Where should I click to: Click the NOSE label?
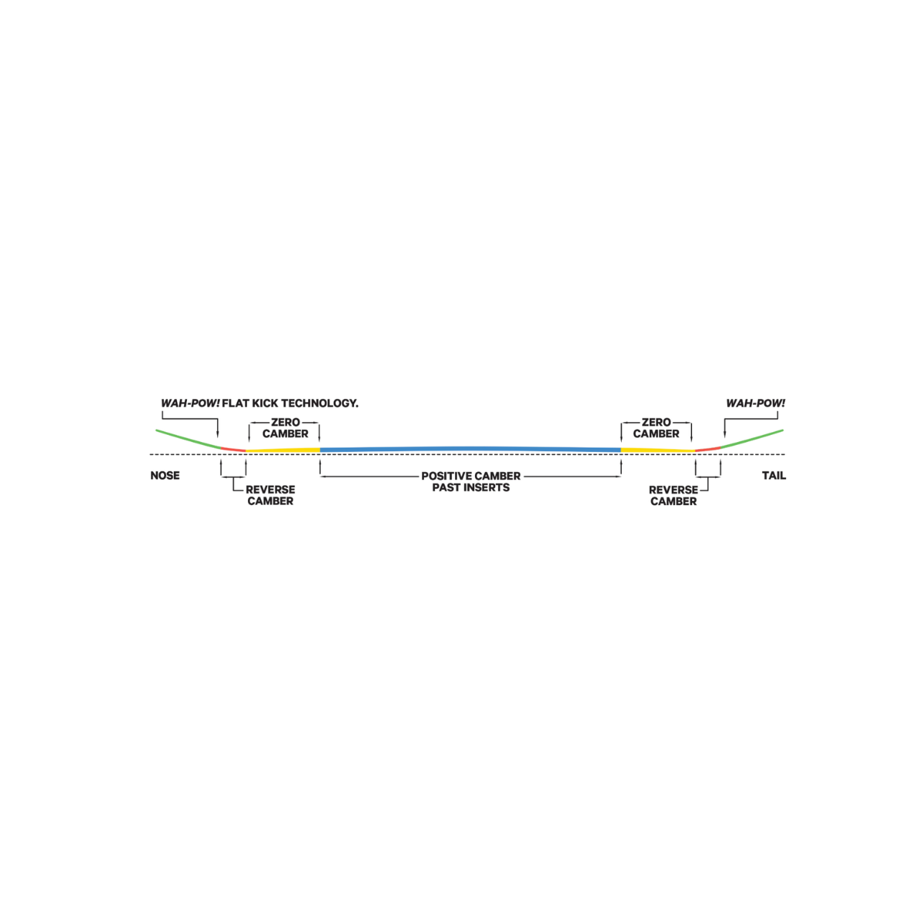pyautogui.click(x=165, y=476)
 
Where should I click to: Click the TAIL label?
pyautogui.click(x=774, y=476)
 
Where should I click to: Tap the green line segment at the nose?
pyautogui.click(x=188, y=438)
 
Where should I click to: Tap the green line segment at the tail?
pyautogui.click(x=752, y=438)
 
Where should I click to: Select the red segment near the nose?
pyautogui.click(x=233, y=449)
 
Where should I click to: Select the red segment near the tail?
pyautogui.click(x=708, y=449)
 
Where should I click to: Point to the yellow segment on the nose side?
pyautogui.click(x=283, y=450)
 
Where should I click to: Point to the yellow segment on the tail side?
pyautogui.click(x=658, y=450)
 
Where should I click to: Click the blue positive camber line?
pyautogui.click(x=470, y=448)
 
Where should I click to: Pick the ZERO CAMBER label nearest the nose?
pyautogui.click(x=286, y=428)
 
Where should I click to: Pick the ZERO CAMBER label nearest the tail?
pyautogui.click(x=656, y=428)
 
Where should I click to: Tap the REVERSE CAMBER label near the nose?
pyautogui.click(x=270, y=495)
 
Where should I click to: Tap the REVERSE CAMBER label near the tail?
pyautogui.click(x=673, y=495)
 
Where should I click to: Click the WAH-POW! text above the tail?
pyautogui.click(x=755, y=403)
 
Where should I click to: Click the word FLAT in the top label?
pyautogui.click(x=236, y=403)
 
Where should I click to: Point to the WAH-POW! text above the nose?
pyautogui.click(x=191, y=403)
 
